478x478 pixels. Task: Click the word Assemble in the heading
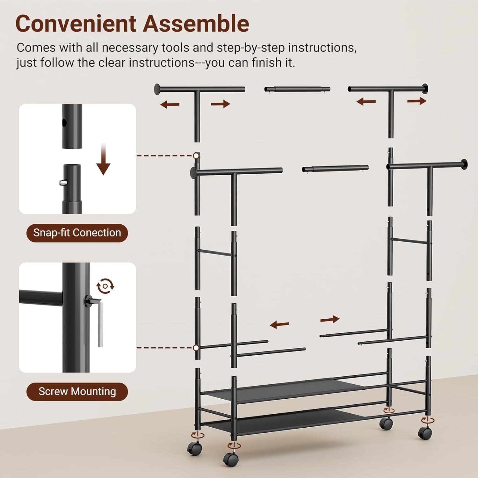tap(196, 24)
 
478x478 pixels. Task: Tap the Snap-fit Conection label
tap(77, 233)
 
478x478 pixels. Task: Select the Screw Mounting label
tap(77, 391)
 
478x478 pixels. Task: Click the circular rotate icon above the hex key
tap(105, 286)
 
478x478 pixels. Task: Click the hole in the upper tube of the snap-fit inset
tap(64, 123)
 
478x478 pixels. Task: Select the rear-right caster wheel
tap(386, 424)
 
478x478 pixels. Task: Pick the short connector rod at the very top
tap(297, 89)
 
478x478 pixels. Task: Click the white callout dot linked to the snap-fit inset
tap(196, 156)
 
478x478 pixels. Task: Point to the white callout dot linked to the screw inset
tap(196, 348)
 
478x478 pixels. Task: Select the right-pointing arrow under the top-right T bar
tap(417, 101)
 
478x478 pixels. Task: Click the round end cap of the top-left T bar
tap(157, 89)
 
